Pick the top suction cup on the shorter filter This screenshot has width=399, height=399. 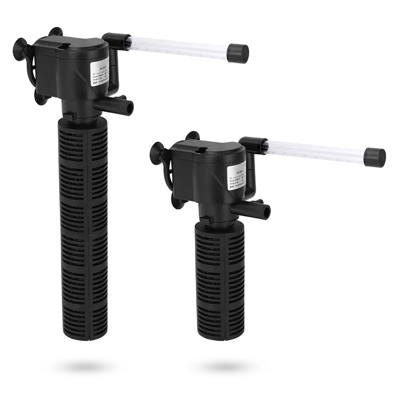[x=192, y=136]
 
